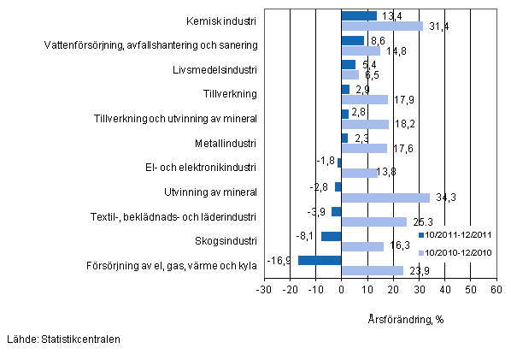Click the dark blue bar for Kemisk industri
(x=359, y=15)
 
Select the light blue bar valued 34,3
(x=385, y=198)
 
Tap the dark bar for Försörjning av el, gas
(x=320, y=260)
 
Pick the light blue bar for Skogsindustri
(x=362, y=247)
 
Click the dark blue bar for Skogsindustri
(x=332, y=236)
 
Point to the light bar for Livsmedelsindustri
(x=349, y=75)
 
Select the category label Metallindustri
(x=225, y=142)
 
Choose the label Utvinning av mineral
(x=211, y=192)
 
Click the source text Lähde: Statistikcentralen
(x=62, y=339)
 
